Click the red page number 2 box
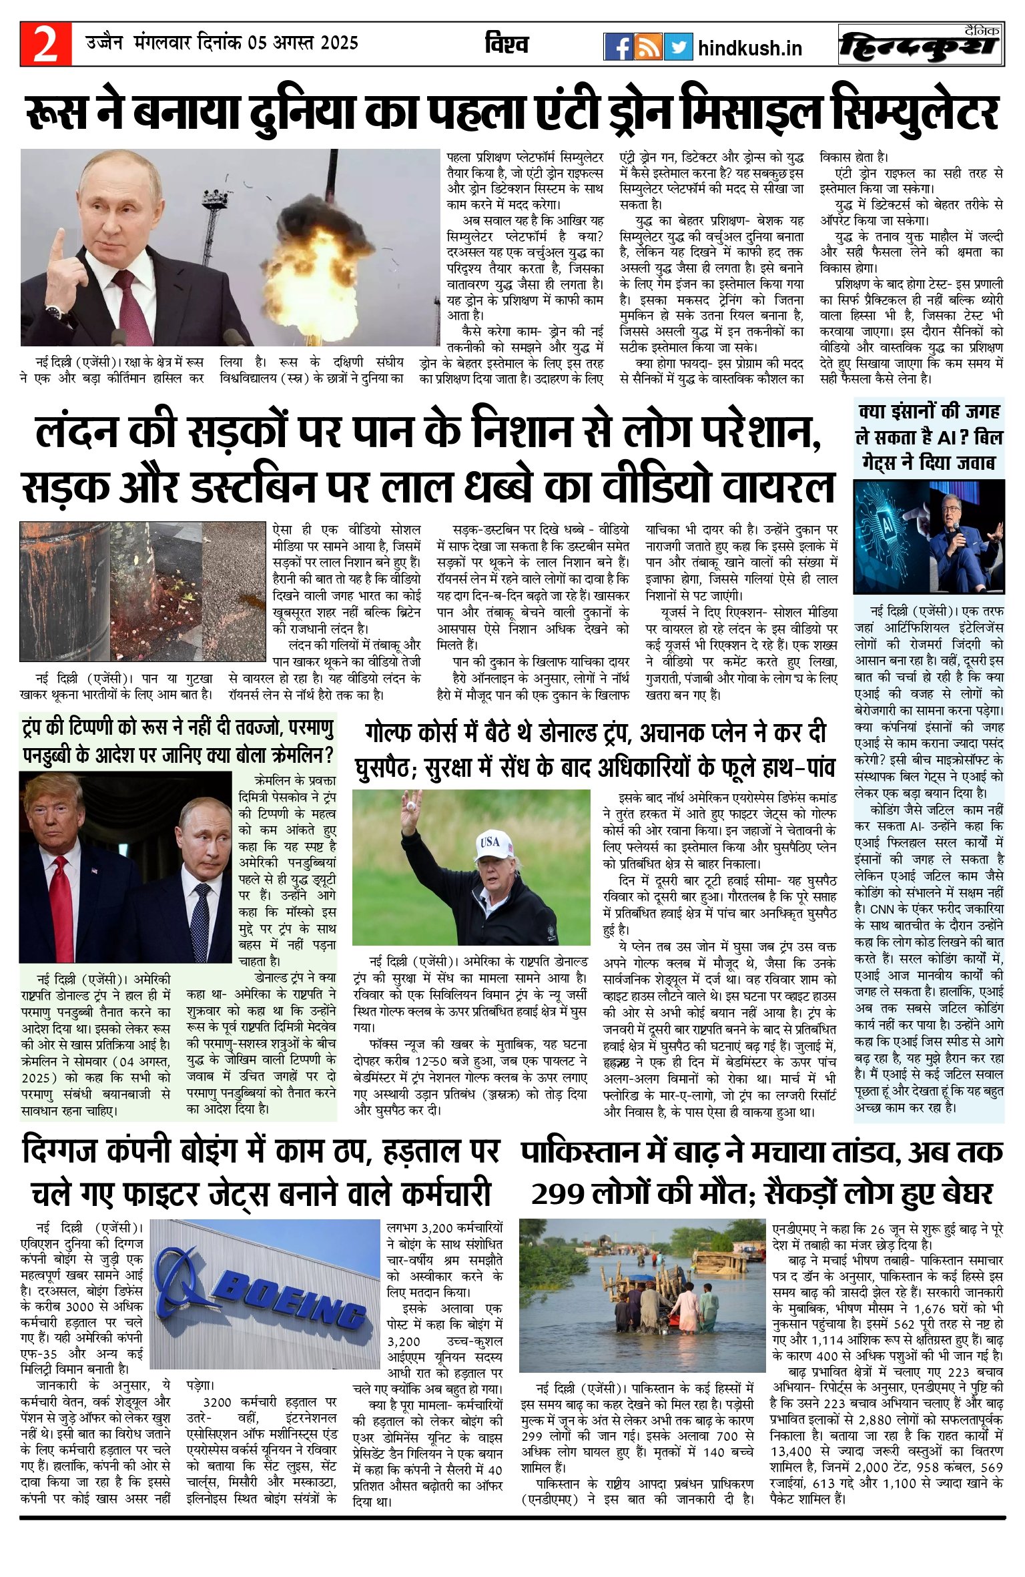pos(45,44)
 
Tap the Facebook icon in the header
pos(617,47)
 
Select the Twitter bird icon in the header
pos(678,47)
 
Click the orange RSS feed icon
pos(648,47)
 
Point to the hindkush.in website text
pos(749,48)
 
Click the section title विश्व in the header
pos(506,45)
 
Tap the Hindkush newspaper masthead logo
pos(921,45)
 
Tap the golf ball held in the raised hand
pos(412,806)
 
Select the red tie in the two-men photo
pos(62,894)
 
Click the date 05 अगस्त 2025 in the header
pos(304,43)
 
